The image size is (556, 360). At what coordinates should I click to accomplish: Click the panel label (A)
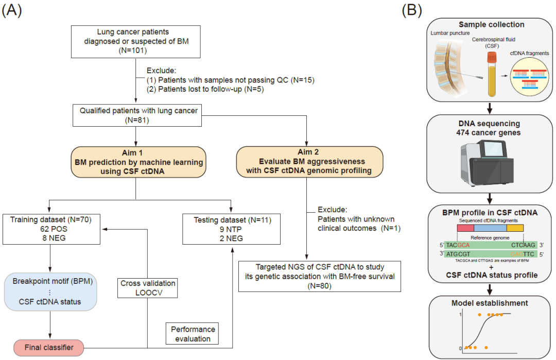[12, 11]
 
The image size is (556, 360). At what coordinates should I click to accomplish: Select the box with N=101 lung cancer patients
[136, 41]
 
